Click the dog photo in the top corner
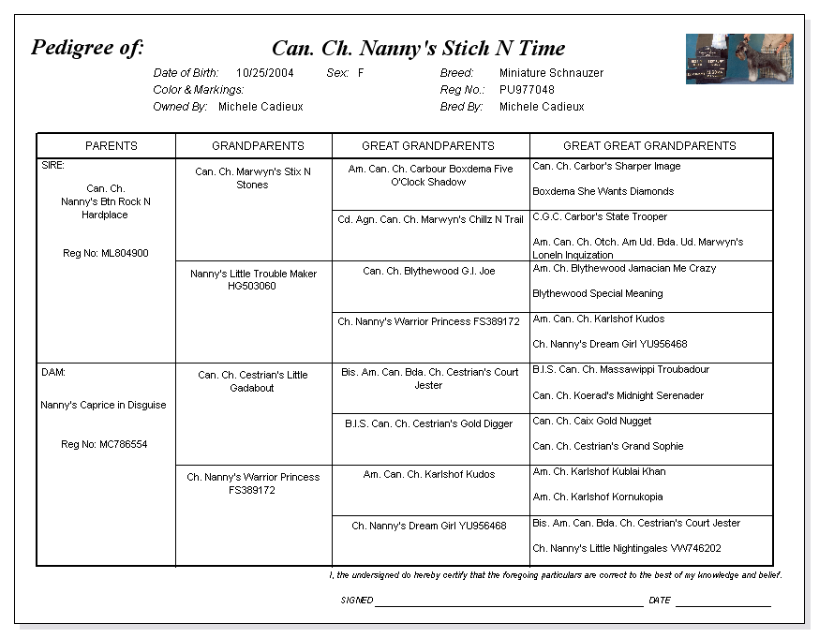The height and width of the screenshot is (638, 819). point(738,59)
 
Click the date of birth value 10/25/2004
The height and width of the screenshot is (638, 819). point(265,73)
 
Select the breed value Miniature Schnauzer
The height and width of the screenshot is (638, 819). point(551,73)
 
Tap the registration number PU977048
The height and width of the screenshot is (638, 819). point(527,90)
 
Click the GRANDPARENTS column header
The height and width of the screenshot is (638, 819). point(258,146)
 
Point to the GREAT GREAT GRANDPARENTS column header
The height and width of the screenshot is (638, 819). point(649,146)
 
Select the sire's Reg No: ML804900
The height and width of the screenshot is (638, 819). point(105,254)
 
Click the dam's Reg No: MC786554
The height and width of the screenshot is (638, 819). point(104,445)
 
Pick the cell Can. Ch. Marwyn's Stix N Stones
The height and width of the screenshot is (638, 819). point(253,178)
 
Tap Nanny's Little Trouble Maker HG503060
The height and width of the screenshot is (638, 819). point(253,280)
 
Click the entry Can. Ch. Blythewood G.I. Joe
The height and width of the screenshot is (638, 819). point(428,272)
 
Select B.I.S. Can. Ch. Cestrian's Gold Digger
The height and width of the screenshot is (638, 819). point(428,424)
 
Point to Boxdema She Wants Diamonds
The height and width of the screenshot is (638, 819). point(603,192)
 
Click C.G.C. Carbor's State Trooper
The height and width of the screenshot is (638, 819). point(600,217)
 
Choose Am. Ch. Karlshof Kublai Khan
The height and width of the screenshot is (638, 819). point(599,472)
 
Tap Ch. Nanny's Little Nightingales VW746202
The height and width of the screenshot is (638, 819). point(627,549)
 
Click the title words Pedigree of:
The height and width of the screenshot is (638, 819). point(87,48)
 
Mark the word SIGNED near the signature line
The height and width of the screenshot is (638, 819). point(357,601)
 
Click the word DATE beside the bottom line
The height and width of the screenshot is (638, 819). point(660,601)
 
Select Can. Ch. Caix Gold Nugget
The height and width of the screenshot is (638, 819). point(592,422)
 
